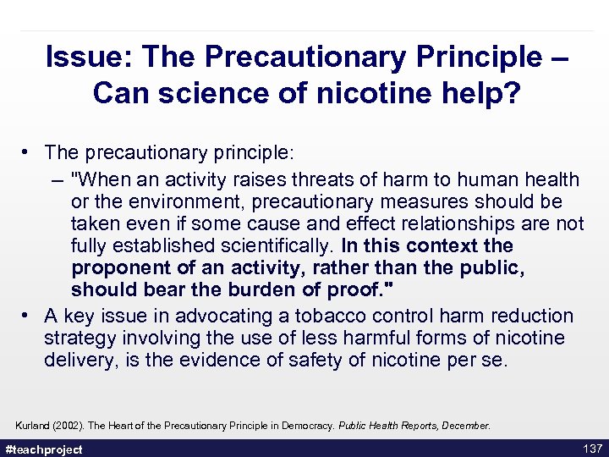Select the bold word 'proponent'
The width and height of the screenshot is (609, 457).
pyautogui.click(x=123, y=268)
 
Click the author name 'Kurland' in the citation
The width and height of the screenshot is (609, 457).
pyautogui.click(x=34, y=425)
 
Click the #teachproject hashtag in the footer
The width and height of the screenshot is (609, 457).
pyautogui.click(x=44, y=449)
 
